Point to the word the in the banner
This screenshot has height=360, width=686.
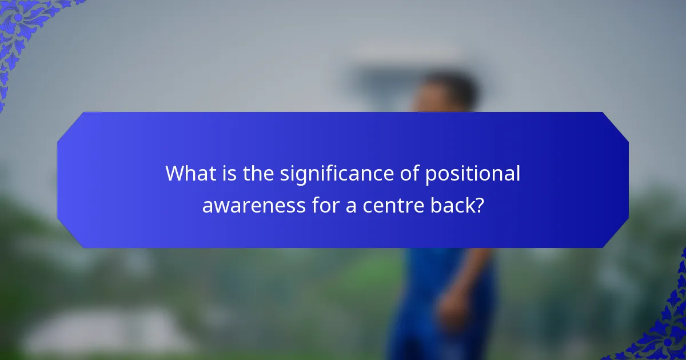259,173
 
